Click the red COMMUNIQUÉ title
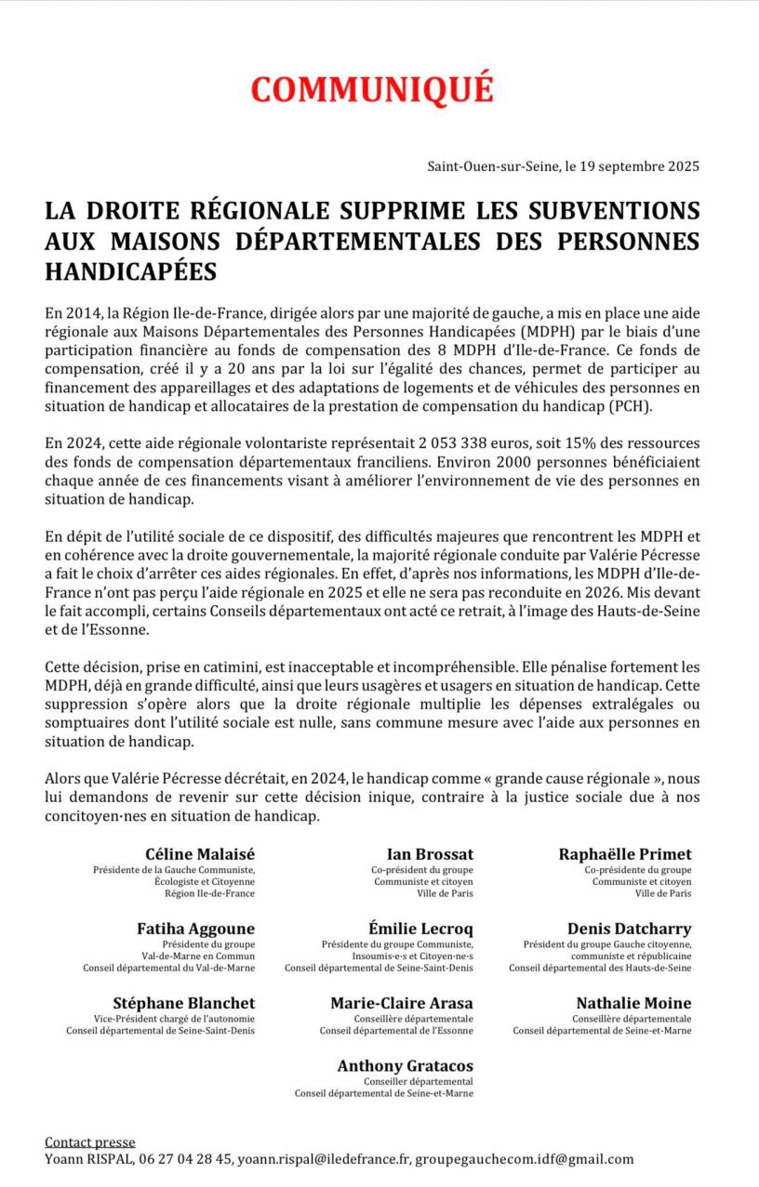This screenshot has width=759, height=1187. pos(371,89)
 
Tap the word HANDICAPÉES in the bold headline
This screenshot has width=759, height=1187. pos(131,271)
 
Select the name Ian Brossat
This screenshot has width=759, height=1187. pos(430,854)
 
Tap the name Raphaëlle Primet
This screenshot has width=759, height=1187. pos(625,854)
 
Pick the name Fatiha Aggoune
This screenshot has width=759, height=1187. pos(195,929)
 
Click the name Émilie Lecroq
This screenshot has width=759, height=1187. pos(420,929)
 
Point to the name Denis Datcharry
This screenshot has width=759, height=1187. pos(630,929)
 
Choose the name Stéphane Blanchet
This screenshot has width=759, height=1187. pos(184,1003)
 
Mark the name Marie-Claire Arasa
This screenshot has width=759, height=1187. pos(402,1003)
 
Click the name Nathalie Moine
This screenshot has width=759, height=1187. pos(633,1003)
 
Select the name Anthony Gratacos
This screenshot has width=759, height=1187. pos(406,1066)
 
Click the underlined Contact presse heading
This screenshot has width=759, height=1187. pos(90,1142)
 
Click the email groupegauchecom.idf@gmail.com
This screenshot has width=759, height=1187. pos(524,1159)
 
